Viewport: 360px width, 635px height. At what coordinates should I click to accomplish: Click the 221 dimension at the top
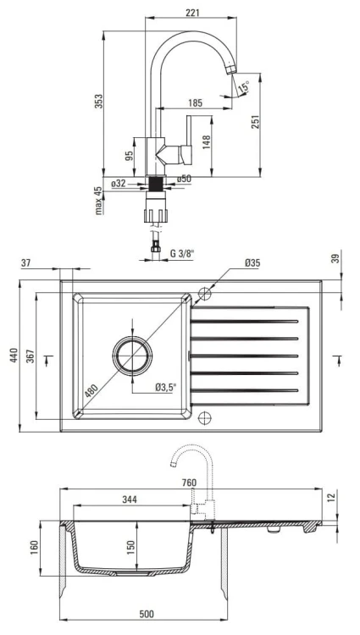click(192, 13)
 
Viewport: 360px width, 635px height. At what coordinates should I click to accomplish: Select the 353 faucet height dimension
click(98, 102)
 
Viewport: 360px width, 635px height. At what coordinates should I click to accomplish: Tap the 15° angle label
click(244, 86)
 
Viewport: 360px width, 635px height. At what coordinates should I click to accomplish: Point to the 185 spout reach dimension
click(195, 102)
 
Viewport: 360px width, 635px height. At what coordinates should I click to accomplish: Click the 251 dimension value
click(255, 121)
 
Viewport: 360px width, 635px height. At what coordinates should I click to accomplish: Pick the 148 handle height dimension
click(206, 142)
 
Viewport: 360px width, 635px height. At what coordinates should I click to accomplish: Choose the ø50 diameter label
click(184, 179)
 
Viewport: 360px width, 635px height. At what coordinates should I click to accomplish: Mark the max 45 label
click(98, 201)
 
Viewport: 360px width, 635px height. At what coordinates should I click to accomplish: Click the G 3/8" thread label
click(182, 254)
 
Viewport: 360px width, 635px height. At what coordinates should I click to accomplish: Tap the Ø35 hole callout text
click(252, 263)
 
